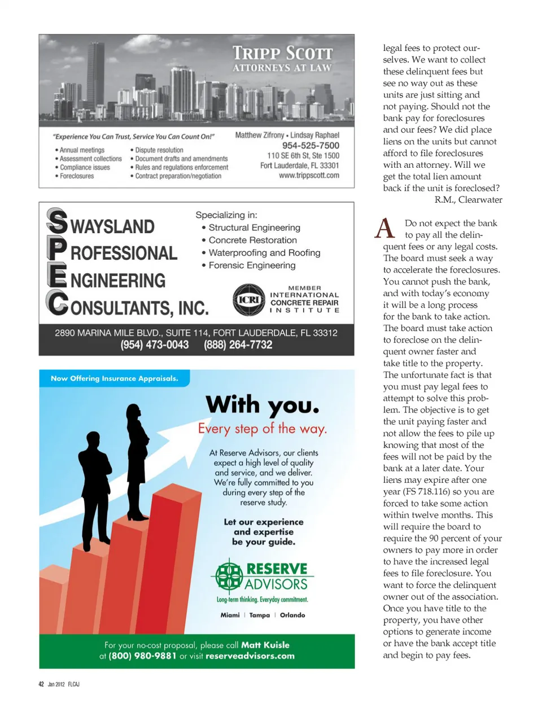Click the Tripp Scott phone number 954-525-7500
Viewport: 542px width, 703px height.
311,145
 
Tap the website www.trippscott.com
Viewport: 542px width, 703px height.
309,176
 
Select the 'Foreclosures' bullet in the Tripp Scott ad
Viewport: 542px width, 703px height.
77,176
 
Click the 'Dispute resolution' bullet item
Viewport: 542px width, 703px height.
159,150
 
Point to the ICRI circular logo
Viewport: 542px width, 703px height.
248,300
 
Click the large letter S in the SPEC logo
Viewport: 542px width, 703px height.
57,221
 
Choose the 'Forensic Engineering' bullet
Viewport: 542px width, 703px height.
252,265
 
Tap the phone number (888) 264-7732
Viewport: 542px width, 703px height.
238,345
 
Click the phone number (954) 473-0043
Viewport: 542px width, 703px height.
155,345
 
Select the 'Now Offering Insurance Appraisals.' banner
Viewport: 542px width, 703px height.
114,378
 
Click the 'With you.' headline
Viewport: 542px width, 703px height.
263,405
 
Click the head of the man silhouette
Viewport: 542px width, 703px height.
93,439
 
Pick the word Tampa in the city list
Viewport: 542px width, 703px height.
260,615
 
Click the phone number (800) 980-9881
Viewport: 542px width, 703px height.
142,656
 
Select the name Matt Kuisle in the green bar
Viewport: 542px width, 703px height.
265,645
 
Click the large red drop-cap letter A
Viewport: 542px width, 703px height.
384,229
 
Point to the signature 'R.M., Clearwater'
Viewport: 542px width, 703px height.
468,200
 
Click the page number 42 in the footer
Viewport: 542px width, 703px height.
41,684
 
